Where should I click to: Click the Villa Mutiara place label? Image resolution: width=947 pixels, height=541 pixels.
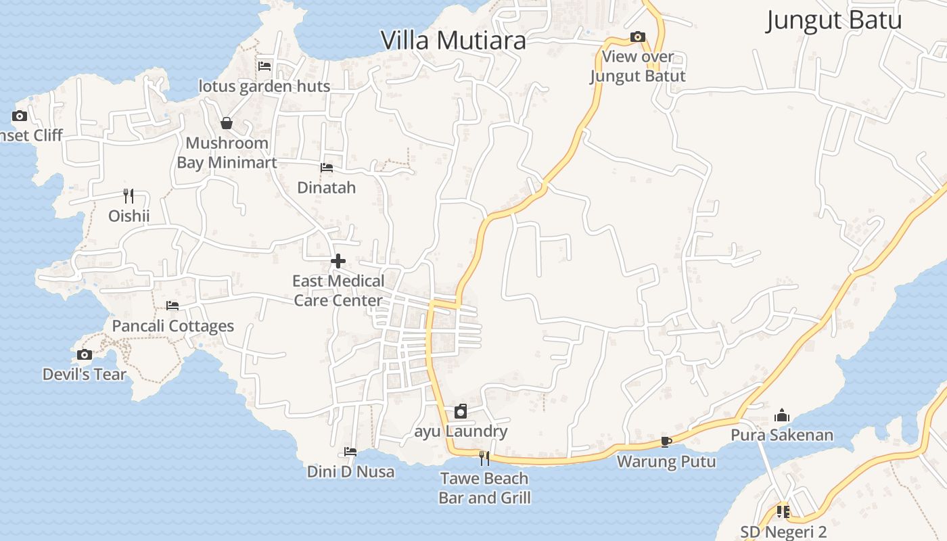click(x=453, y=41)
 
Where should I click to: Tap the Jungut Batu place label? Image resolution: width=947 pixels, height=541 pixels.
click(x=833, y=20)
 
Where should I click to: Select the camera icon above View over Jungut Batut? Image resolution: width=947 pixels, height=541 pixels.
click(x=637, y=37)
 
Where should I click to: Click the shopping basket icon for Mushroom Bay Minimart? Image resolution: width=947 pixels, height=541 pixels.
click(x=227, y=123)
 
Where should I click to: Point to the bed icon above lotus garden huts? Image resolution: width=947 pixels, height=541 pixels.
click(x=264, y=66)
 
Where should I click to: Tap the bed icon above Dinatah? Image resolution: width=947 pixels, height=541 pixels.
click(x=327, y=168)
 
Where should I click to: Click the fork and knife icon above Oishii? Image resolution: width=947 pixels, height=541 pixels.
click(x=129, y=196)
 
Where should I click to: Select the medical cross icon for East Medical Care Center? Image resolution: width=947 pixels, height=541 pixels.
click(x=338, y=261)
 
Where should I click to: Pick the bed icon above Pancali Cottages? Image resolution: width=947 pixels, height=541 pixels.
click(x=172, y=306)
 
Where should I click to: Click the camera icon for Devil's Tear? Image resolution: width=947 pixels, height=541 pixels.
click(x=85, y=354)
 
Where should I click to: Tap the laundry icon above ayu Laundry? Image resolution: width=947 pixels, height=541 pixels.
click(x=461, y=411)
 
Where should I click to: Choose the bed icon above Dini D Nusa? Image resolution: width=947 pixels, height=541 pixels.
click(x=350, y=452)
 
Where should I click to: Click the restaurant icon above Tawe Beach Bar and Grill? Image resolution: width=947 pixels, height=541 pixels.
click(x=484, y=458)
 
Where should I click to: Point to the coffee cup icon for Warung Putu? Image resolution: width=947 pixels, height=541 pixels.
click(x=666, y=442)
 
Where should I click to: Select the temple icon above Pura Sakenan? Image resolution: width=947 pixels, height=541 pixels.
click(x=782, y=415)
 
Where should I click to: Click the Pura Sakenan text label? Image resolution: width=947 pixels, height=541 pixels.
click(x=782, y=435)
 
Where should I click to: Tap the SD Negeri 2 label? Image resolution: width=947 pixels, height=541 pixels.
click(x=783, y=532)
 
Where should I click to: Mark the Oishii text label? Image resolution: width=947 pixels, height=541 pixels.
click(x=129, y=216)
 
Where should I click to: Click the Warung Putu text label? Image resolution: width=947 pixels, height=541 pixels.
click(x=666, y=462)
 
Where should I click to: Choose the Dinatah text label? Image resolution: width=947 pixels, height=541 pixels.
click(x=327, y=187)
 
